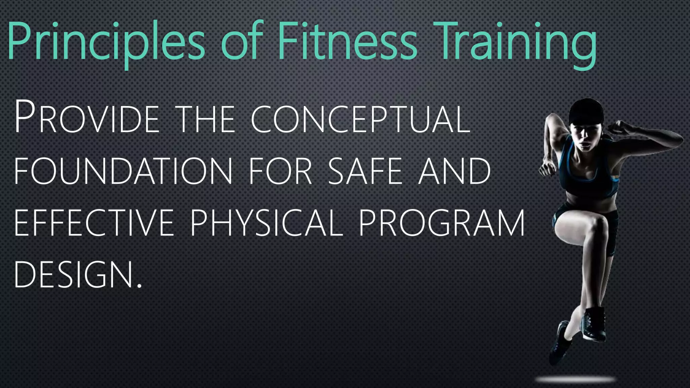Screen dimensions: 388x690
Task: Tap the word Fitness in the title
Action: click(x=347, y=42)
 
